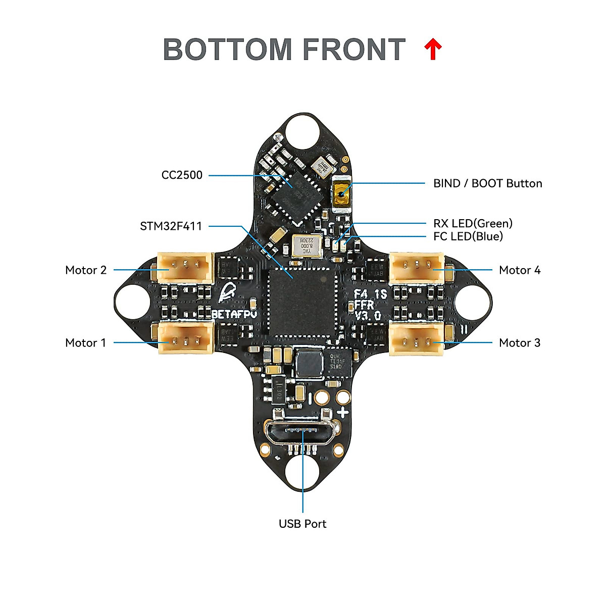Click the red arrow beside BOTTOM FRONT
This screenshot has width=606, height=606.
click(x=433, y=49)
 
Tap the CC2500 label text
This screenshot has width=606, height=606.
click(x=182, y=175)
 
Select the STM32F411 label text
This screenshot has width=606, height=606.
click(x=171, y=226)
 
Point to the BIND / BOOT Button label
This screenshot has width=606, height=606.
click(x=487, y=183)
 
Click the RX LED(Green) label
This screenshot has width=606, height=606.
click(x=473, y=223)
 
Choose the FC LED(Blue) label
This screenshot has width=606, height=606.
click(x=468, y=236)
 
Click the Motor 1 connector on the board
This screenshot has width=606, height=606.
click(x=186, y=339)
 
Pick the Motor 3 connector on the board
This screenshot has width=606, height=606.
click(x=417, y=339)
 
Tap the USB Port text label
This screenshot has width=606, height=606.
click(x=302, y=524)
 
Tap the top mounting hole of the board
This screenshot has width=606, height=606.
click(x=302, y=133)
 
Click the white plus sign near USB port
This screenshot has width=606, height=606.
click(x=343, y=412)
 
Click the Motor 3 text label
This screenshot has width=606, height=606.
click(x=519, y=343)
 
